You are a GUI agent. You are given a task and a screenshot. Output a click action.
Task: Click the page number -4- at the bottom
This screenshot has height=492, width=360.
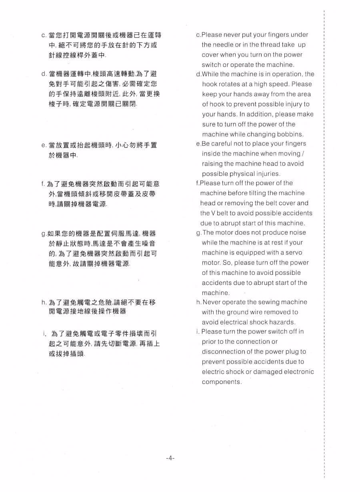(x=170, y=458)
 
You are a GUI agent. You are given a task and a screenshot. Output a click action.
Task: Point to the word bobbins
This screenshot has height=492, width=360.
(x=291, y=134)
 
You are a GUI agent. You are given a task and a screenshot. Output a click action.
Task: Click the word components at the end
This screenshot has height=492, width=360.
(x=222, y=382)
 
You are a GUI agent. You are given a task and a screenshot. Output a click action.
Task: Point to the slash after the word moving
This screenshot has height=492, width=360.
(x=302, y=154)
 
